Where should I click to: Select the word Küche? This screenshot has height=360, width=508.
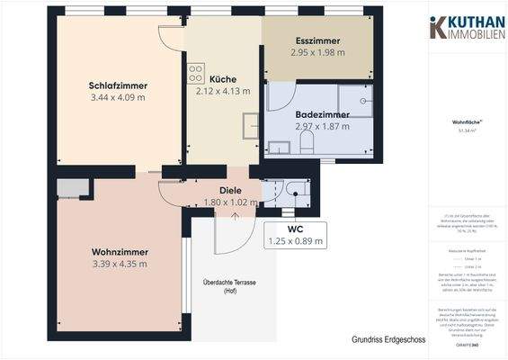222,78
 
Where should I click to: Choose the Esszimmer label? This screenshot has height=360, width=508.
317,41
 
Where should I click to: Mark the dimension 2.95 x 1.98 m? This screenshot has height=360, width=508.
317,53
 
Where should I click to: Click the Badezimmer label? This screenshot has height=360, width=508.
322,114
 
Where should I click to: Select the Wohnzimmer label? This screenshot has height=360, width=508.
119,251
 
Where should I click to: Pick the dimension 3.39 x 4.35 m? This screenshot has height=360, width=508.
119,264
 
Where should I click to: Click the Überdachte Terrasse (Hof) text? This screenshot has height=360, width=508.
230,287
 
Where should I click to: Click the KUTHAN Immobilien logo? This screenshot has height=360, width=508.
464,27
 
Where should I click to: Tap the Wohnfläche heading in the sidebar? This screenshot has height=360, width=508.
464,121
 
